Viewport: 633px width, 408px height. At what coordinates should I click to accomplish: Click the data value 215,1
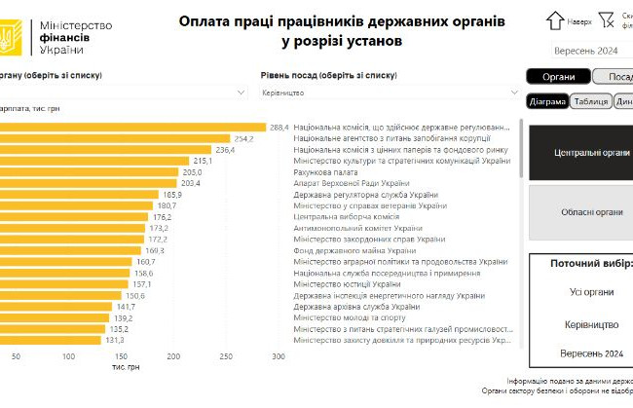(203, 161)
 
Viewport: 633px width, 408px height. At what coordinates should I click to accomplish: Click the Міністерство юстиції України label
(346, 284)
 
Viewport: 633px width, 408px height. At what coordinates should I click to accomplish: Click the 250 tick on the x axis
(226, 356)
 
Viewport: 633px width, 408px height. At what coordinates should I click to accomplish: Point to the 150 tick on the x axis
(121, 356)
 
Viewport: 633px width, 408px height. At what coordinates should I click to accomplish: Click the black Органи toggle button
(558, 77)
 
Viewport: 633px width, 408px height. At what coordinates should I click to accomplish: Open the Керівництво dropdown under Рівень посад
(390, 92)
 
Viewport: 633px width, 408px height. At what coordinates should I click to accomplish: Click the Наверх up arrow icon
(555, 19)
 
